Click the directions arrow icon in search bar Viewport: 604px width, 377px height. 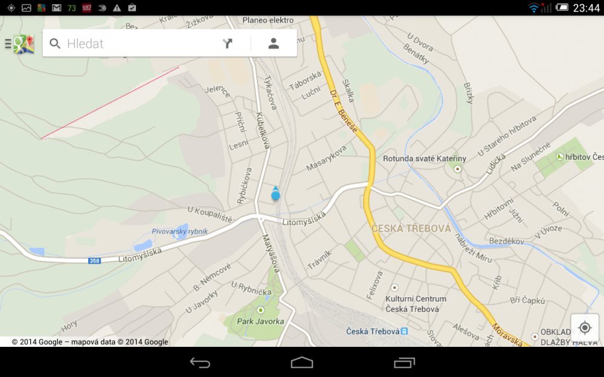(228, 43)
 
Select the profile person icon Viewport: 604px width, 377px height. (274, 43)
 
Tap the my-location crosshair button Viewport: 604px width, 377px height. (584, 328)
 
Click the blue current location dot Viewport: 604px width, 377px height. (275, 195)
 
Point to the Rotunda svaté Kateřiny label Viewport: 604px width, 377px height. (425, 159)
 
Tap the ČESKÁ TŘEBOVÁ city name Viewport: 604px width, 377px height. (411, 229)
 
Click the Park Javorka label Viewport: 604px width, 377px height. (260, 321)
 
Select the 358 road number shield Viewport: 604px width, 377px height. (94, 260)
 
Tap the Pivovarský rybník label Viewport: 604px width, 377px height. (180, 231)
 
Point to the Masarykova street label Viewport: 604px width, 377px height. (326, 158)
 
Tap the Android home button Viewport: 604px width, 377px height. (302, 363)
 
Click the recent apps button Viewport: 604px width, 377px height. (404, 363)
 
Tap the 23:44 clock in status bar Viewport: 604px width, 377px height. (586, 8)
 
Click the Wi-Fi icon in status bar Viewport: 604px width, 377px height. (533, 8)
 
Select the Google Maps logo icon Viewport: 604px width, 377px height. (23, 43)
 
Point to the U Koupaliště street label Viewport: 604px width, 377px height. (210, 214)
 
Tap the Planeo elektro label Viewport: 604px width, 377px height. (268, 20)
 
